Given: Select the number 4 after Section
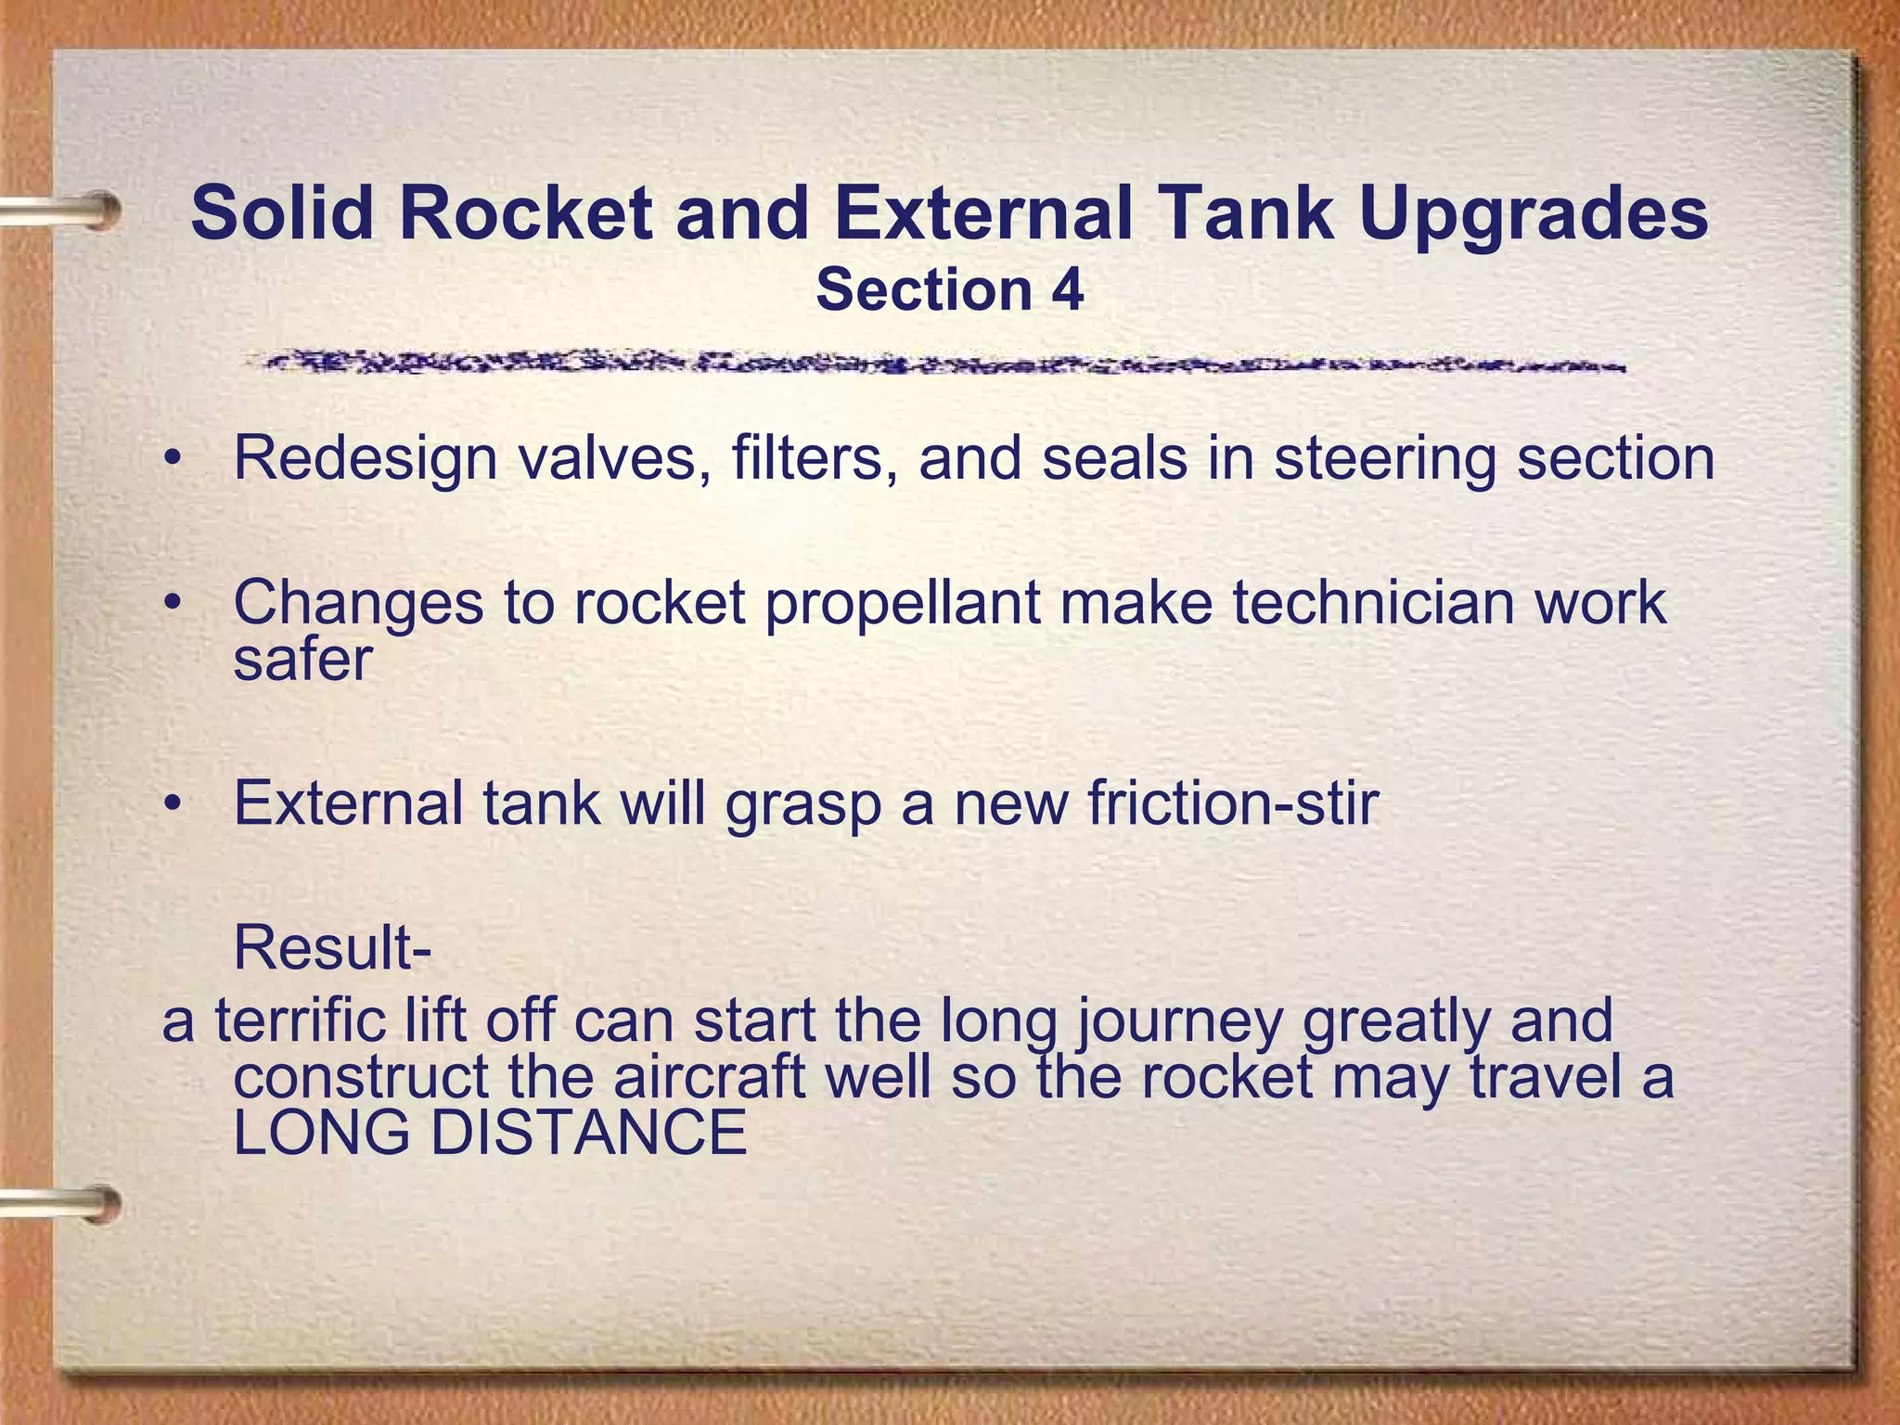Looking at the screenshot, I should [x=1067, y=289].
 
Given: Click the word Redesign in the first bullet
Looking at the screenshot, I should [x=366, y=458].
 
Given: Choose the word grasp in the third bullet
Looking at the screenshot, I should [x=802, y=805].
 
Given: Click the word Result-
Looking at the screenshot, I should [x=332, y=947].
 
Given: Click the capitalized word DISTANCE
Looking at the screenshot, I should [x=588, y=1133].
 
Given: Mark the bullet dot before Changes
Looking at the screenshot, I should [x=171, y=604].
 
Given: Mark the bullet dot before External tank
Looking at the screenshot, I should [x=171, y=804].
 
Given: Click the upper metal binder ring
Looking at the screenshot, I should [x=65, y=211].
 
